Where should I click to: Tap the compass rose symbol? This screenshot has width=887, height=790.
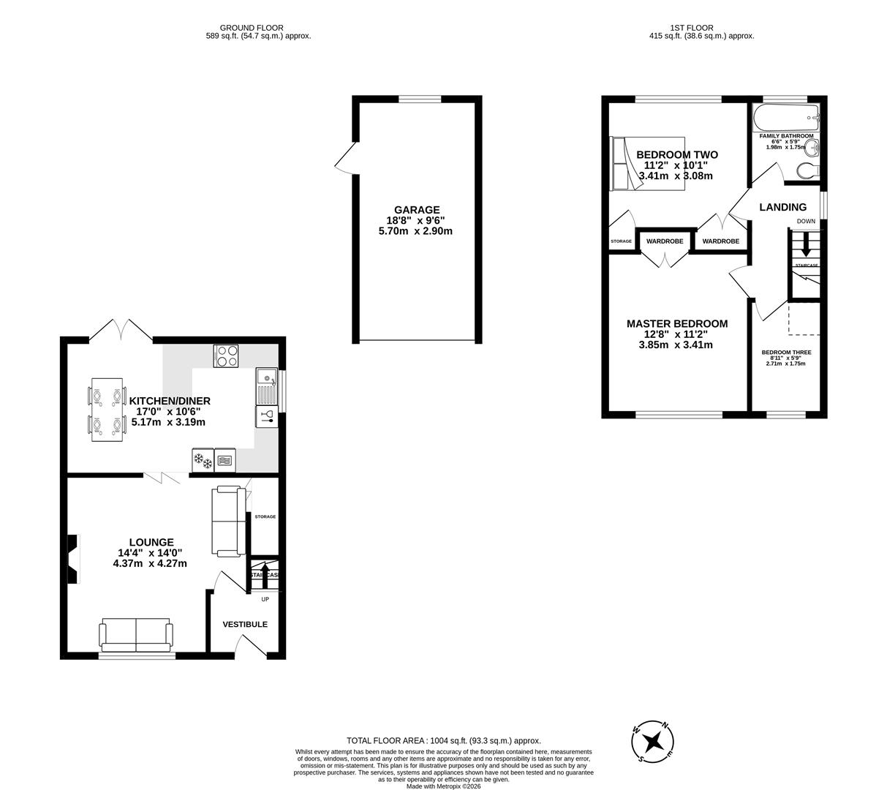pyautogui.click(x=653, y=742)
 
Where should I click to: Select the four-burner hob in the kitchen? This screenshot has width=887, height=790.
pyautogui.click(x=226, y=355)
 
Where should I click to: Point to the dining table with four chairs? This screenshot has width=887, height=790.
pyautogui.click(x=106, y=410)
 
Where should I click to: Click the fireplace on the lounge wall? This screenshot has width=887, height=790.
pyautogui.click(x=73, y=559)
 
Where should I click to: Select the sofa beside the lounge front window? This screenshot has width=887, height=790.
pyautogui.click(x=137, y=635)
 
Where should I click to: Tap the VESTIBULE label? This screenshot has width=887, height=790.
pyautogui.click(x=245, y=625)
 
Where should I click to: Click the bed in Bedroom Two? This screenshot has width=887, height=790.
pyautogui.click(x=647, y=163)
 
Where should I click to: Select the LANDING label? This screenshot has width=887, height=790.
pyautogui.click(x=782, y=208)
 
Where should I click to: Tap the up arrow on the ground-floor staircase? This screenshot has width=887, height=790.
pyautogui.click(x=265, y=570)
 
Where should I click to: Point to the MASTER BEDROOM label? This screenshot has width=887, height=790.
pyautogui.click(x=677, y=324)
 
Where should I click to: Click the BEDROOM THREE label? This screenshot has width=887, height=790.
pyautogui.click(x=786, y=353)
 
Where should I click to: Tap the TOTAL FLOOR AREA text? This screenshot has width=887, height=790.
pyautogui.click(x=444, y=740)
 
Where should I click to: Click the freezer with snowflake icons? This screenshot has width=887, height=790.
pyautogui.click(x=203, y=461)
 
